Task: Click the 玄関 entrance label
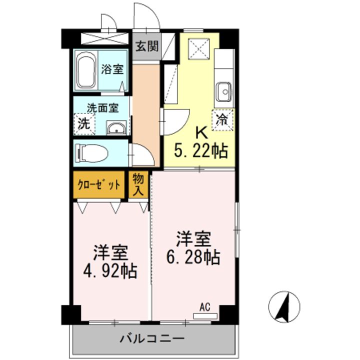147,47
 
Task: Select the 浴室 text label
112,69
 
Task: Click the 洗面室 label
102,107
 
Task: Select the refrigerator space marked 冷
221,120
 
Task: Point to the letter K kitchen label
200,133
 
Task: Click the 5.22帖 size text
200,149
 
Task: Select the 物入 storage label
138,184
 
